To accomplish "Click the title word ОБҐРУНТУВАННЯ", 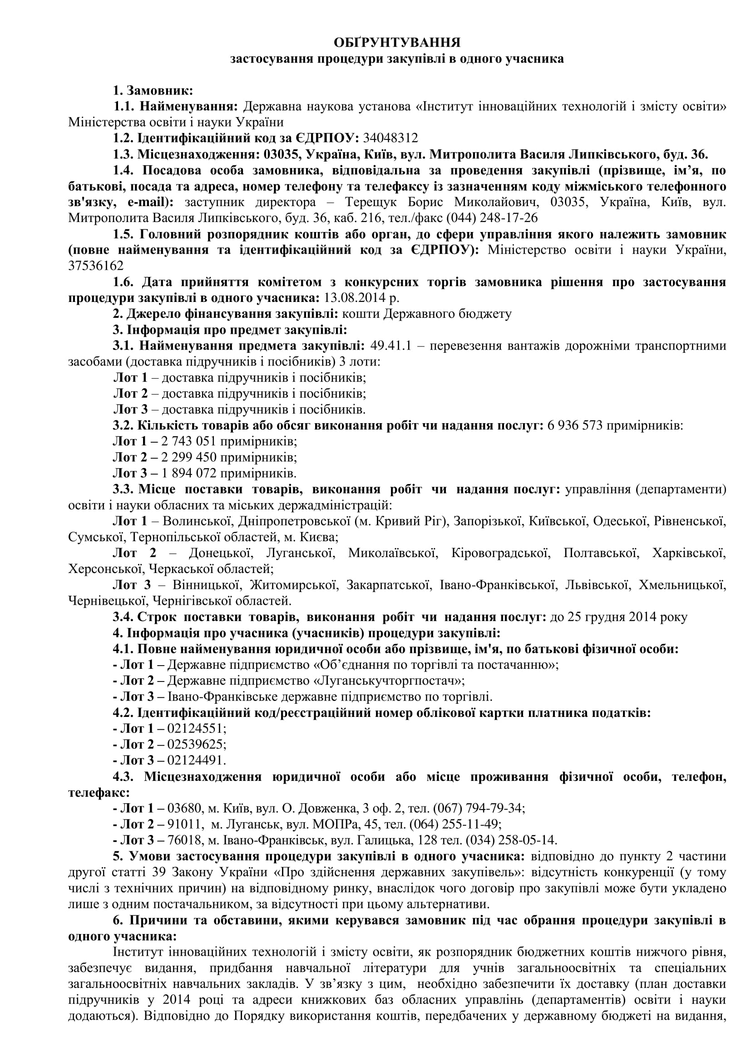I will pyautogui.click(x=397, y=43).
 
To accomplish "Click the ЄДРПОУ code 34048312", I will pyautogui.click(x=390, y=138).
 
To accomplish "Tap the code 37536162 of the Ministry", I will pyautogui.click(x=96, y=266).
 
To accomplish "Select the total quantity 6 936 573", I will pyautogui.click(x=575, y=425).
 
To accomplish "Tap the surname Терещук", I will pyautogui.click(x=380, y=202).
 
